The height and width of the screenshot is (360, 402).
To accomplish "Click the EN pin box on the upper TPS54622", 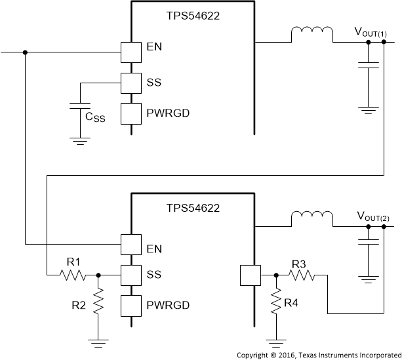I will coord(132,52).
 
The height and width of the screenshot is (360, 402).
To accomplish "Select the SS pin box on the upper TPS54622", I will coord(132,83).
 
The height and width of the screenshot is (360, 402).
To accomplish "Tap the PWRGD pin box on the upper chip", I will coord(132,113).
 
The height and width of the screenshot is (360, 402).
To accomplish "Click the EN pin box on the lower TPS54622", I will coord(132,245).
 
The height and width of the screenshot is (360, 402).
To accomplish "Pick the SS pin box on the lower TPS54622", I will coord(132,275).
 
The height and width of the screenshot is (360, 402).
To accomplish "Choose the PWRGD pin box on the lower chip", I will coord(132,306).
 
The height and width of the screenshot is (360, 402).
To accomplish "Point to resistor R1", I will coord(71,275).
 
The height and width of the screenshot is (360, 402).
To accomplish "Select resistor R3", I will coord(302,275).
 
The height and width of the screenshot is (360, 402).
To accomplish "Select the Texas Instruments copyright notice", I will coord(317,354).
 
